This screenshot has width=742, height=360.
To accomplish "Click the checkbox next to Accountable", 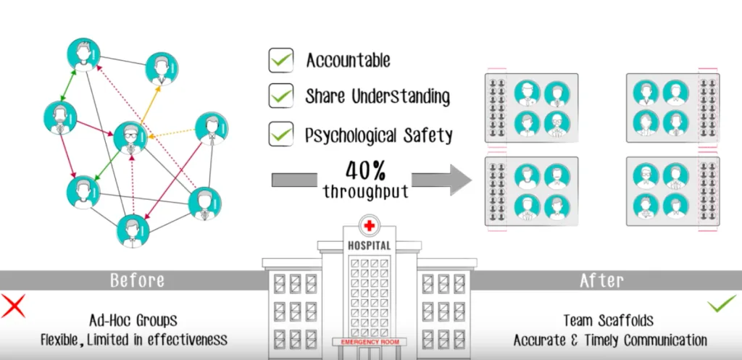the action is point(280,60).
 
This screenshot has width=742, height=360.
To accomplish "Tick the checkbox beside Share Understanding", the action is point(280,96).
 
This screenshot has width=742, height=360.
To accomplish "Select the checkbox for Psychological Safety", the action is point(280,133).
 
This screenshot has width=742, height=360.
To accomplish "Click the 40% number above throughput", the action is point(365,171).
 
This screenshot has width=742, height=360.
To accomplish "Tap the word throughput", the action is point(365,191).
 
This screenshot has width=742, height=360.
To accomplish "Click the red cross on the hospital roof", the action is point(369,226).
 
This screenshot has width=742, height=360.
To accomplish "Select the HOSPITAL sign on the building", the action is point(370,246).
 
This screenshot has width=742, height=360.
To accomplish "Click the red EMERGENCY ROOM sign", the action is point(370,342).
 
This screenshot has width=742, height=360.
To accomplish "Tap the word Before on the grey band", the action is point(137,280).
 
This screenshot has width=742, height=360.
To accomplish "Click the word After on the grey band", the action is point(601,280).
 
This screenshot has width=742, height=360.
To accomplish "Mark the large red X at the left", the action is point(13,306).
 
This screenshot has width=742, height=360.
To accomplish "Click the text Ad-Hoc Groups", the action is point(133,320).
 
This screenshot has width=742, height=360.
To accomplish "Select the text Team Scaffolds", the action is point(609,320).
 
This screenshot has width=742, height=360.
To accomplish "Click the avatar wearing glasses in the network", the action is point(130,138).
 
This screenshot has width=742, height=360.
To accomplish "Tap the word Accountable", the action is point(348,61).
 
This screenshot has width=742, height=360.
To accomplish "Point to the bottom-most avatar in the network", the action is point(133,231).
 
